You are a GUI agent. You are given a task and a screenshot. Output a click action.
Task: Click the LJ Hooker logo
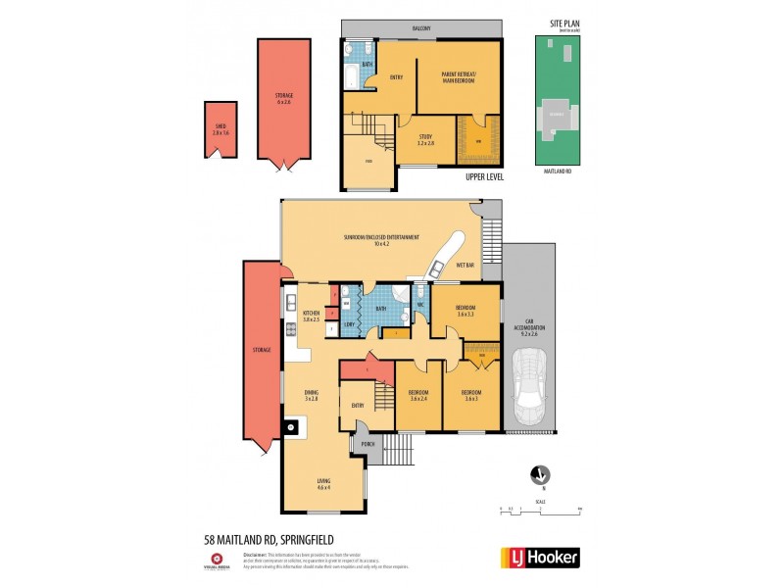point(540,558)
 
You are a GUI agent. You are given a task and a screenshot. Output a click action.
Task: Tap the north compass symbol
point(538,475)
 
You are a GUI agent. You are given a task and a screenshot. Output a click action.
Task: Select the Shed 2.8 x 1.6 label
point(221,126)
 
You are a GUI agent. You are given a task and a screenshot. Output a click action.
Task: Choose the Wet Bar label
point(465,266)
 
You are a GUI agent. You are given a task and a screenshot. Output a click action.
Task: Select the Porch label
point(368,444)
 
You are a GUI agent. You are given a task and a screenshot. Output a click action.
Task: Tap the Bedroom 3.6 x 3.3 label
point(465,310)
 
